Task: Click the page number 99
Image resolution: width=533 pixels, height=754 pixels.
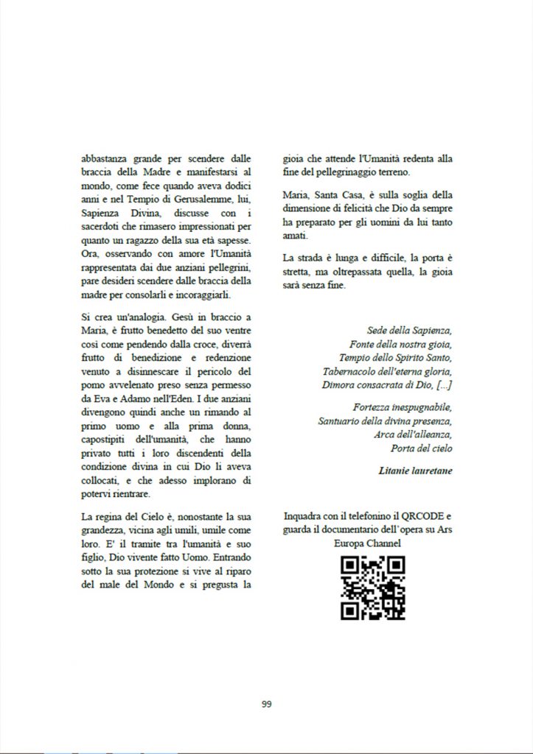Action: click(267, 704)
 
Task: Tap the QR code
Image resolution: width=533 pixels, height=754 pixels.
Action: click(372, 588)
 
